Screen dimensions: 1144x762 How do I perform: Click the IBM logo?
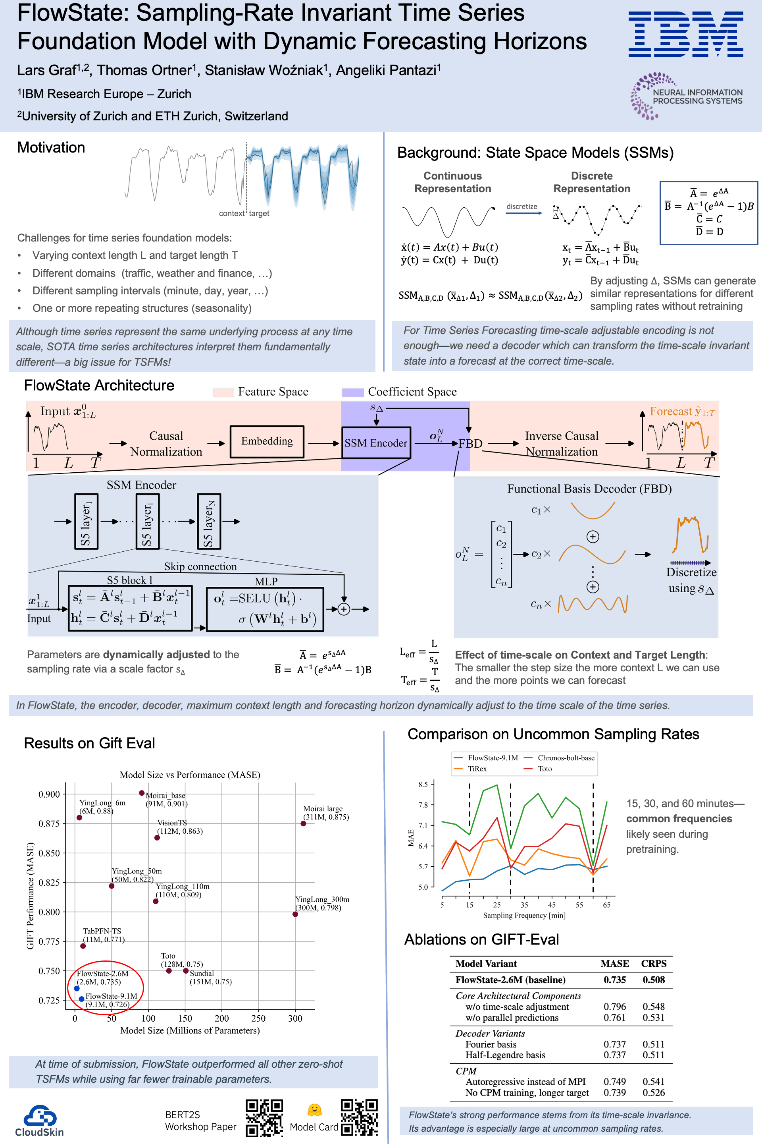(x=685, y=35)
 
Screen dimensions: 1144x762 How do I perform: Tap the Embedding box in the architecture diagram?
(x=267, y=442)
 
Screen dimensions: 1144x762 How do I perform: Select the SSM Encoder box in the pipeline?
(x=376, y=443)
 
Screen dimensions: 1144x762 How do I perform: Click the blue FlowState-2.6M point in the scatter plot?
(x=77, y=988)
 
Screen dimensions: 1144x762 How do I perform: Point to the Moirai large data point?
(x=303, y=823)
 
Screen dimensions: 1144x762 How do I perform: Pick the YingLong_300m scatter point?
(x=295, y=914)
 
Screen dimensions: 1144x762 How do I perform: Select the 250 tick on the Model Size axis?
(x=258, y=1018)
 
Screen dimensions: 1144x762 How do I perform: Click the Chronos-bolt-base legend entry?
(x=566, y=758)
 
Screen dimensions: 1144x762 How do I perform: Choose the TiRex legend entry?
(x=477, y=769)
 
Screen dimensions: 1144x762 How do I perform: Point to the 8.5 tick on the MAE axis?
(x=423, y=785)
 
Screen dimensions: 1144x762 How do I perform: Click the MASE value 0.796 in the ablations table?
(x=615, y=1006)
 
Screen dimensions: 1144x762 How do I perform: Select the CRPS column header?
(x=654, y=964)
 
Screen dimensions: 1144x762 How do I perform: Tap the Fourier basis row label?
(x=491, y=1044)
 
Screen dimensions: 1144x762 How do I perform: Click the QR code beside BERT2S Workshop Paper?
(x=264, y=1117)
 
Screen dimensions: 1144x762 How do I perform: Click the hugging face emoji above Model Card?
(x=314, y=1109)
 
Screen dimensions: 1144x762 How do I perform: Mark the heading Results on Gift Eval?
(x=89, y=743)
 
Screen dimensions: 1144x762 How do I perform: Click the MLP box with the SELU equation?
(x=265, y=609)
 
